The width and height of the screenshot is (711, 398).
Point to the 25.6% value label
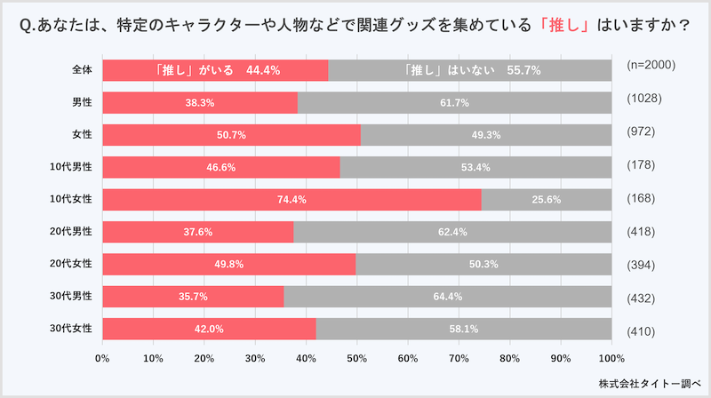pos(546,200)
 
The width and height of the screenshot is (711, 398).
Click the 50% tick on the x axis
pos(356,359)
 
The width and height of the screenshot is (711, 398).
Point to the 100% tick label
pos(611,359)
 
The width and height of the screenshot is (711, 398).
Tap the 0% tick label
pos(102,359)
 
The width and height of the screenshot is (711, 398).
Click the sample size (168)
pos(643,200)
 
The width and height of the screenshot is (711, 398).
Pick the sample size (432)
pos(643,296)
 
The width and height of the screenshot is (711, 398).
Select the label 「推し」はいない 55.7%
pos(471,70)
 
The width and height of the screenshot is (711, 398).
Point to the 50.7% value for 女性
pos(230,135)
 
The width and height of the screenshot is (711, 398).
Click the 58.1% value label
pos(463,329)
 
